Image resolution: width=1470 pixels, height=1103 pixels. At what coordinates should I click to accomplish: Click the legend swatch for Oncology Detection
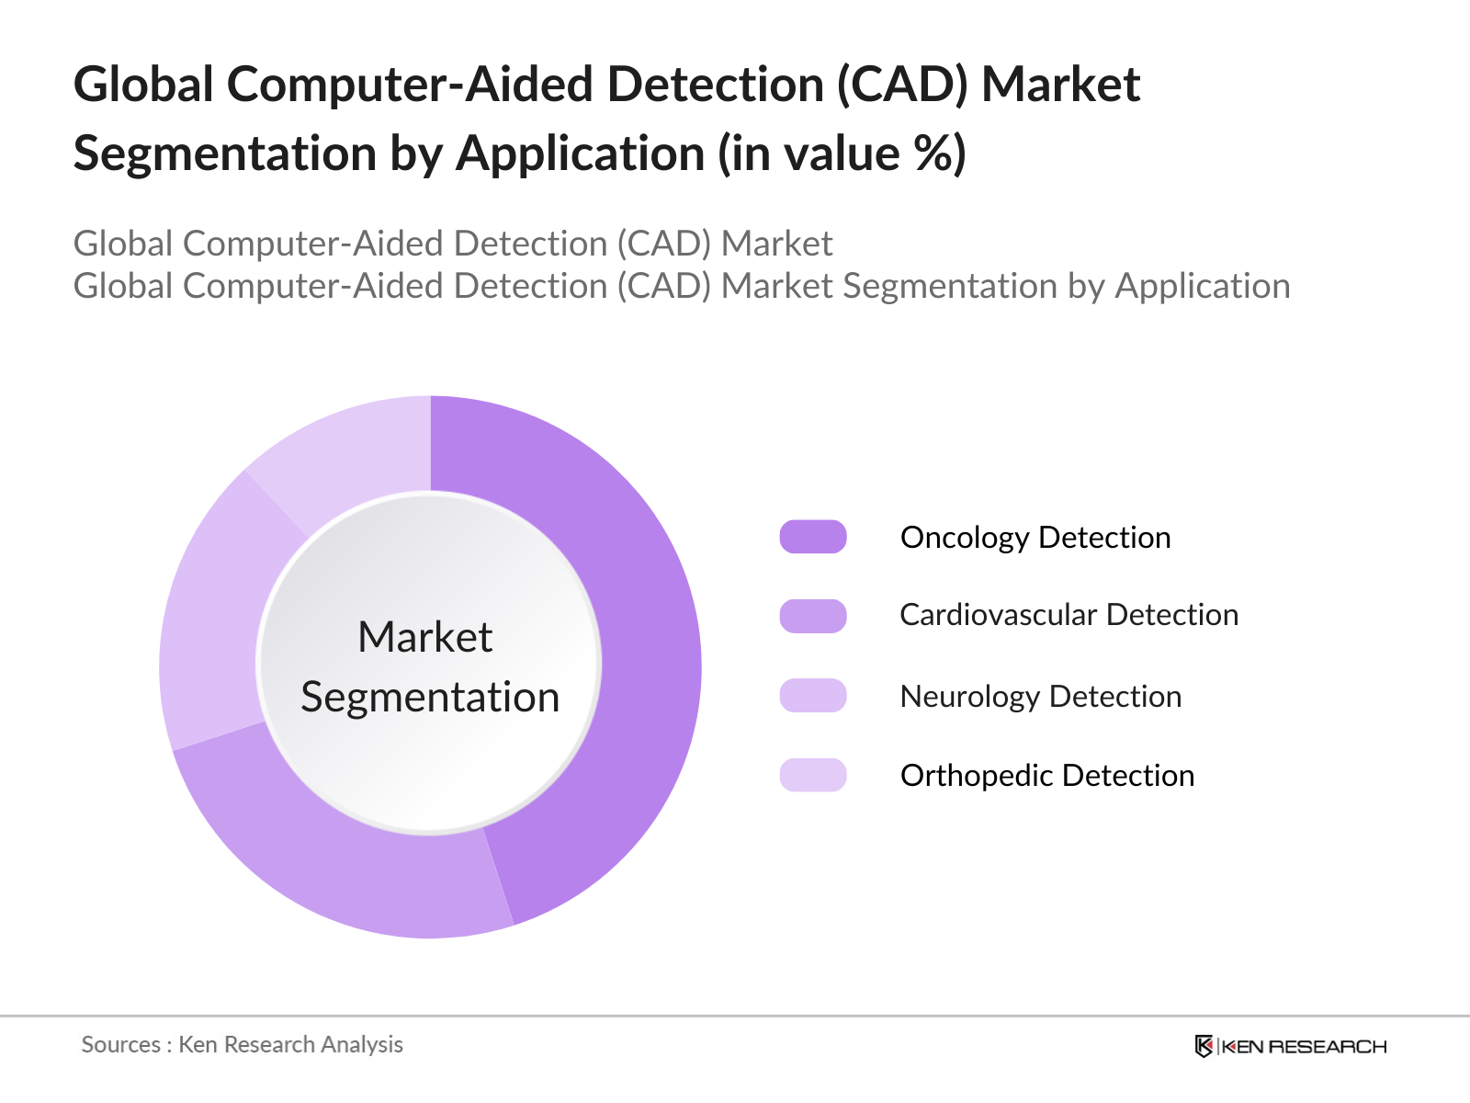pyautogui.click(x=813, y=537)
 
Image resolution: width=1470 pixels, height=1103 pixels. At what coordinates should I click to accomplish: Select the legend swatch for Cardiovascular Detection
pyautogui.click(x=813, y=616)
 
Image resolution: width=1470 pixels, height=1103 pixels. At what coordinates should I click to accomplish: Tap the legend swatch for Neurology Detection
pyautogui.click(x=813, y=696)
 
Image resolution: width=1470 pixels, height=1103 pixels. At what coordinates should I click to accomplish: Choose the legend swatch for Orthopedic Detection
pyautogui.click(x=813, y=775)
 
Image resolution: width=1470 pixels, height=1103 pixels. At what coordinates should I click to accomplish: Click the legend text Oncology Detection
pyautogui.click(x=1035, y=537)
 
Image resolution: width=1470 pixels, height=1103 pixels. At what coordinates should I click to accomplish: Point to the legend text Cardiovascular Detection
pyautogui.click(x=1069, y=615)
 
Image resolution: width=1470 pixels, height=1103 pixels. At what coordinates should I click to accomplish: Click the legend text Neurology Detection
pyautogui.click(x=1040, y=696)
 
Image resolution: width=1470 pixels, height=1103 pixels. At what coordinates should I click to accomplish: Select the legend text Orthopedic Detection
pyautogui.click(x=1046, y=775)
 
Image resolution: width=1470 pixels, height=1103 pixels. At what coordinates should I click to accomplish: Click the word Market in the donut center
pyautogui.click(x=425, y=637)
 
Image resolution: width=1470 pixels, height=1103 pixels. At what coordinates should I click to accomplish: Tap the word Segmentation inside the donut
pyautogui.click(x=430, y=697)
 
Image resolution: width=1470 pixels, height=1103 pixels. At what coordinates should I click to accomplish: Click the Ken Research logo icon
pyautogui.click(x=1204, y=1046)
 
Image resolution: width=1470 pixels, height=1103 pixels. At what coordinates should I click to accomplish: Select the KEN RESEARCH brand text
pyautogui.click(x=1304, y=1046)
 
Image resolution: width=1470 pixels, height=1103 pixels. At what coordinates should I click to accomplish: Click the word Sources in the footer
pyautogui.click(x=121, y=1044)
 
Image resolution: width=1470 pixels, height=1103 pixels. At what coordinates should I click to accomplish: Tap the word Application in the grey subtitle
pyautogui.click(x=1203, y=286)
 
